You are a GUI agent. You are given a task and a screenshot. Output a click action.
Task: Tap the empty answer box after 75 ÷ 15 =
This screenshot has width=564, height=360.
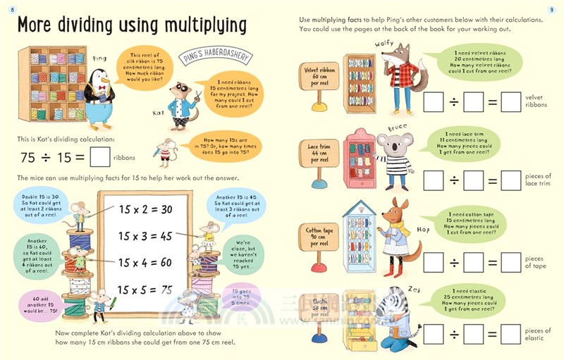point(102,156)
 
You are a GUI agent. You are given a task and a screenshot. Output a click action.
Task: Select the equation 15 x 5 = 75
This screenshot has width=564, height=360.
point(145,289)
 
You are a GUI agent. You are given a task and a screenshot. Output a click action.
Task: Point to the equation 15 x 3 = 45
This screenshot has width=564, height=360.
point(145,237)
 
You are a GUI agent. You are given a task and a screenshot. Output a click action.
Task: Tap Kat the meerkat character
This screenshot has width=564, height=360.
point(182,106)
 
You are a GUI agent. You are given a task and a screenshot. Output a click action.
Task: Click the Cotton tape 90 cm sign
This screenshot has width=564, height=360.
point(319,232)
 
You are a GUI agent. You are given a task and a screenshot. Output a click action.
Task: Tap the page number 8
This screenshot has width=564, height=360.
point(8,8)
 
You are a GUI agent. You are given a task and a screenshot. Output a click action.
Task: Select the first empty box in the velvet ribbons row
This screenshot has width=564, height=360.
point(434,103)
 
